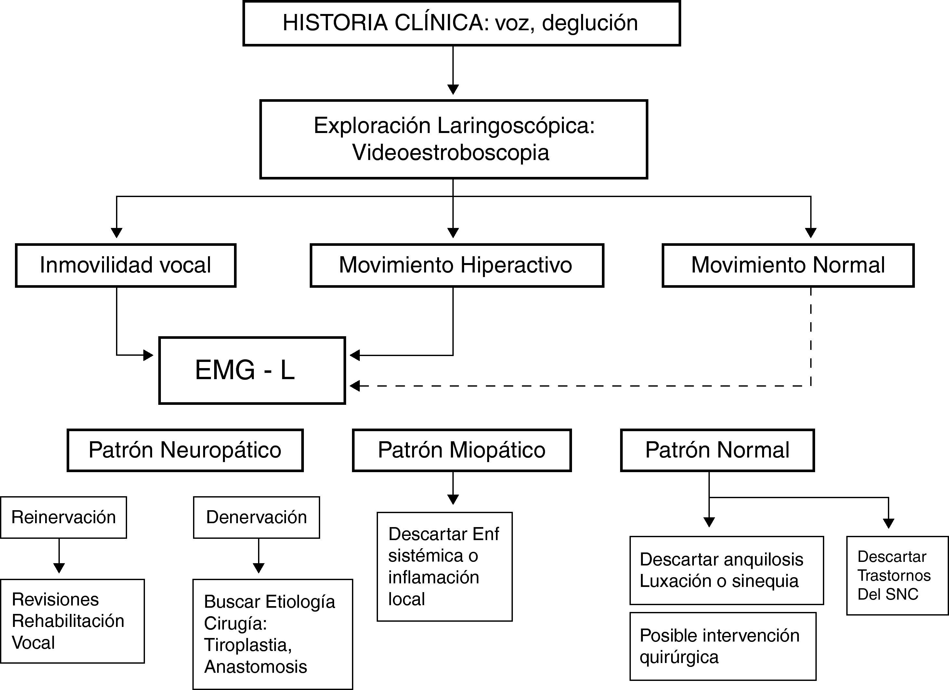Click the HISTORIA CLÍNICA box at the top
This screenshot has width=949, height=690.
click(x=461, y=23)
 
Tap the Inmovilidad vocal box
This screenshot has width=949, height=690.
click(x=125, y=265)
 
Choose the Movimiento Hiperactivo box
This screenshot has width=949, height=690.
click(x=457, y=265)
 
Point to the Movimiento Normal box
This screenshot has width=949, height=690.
click(x=788, y=265)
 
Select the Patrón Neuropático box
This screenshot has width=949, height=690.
click(x=185, y=450)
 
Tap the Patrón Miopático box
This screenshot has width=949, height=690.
click(x=461, y=450)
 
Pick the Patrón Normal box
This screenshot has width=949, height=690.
click(x=717, y=450)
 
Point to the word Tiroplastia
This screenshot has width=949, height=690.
click(x=247, y=645)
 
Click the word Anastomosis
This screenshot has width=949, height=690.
click(x=255, y=667)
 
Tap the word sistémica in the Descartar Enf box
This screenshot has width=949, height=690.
click(x=425, y=556)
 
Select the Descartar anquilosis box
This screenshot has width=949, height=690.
click(x=726, y=570)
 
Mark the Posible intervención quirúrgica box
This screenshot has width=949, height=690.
click(x=722, y=646)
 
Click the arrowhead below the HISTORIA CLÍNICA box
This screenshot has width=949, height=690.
click(x=453, y=89)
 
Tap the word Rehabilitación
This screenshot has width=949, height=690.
click(x=68, y=621)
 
